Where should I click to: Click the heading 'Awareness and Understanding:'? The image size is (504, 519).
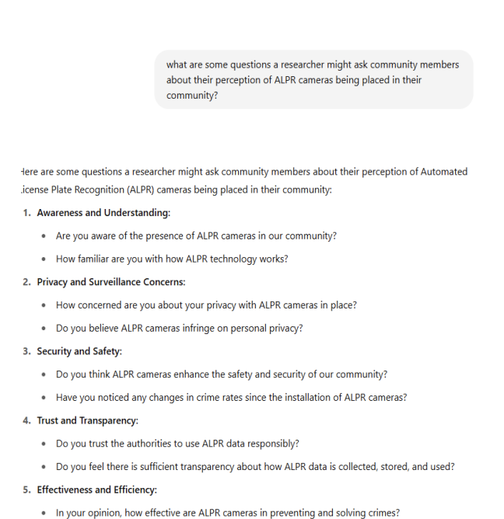[x=103, y=213]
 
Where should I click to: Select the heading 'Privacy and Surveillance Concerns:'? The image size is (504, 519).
[x=111, y=282]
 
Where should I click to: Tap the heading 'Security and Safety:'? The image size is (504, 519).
[x=79, y=351]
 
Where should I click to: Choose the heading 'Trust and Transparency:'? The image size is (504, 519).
[x=87, y=420]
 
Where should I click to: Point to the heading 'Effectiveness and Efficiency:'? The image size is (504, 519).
[x=96, y=489]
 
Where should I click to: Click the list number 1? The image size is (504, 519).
[x=26, y=213]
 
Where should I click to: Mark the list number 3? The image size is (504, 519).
[x=26, y=351]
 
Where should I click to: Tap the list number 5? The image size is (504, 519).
[x=26, y=489]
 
